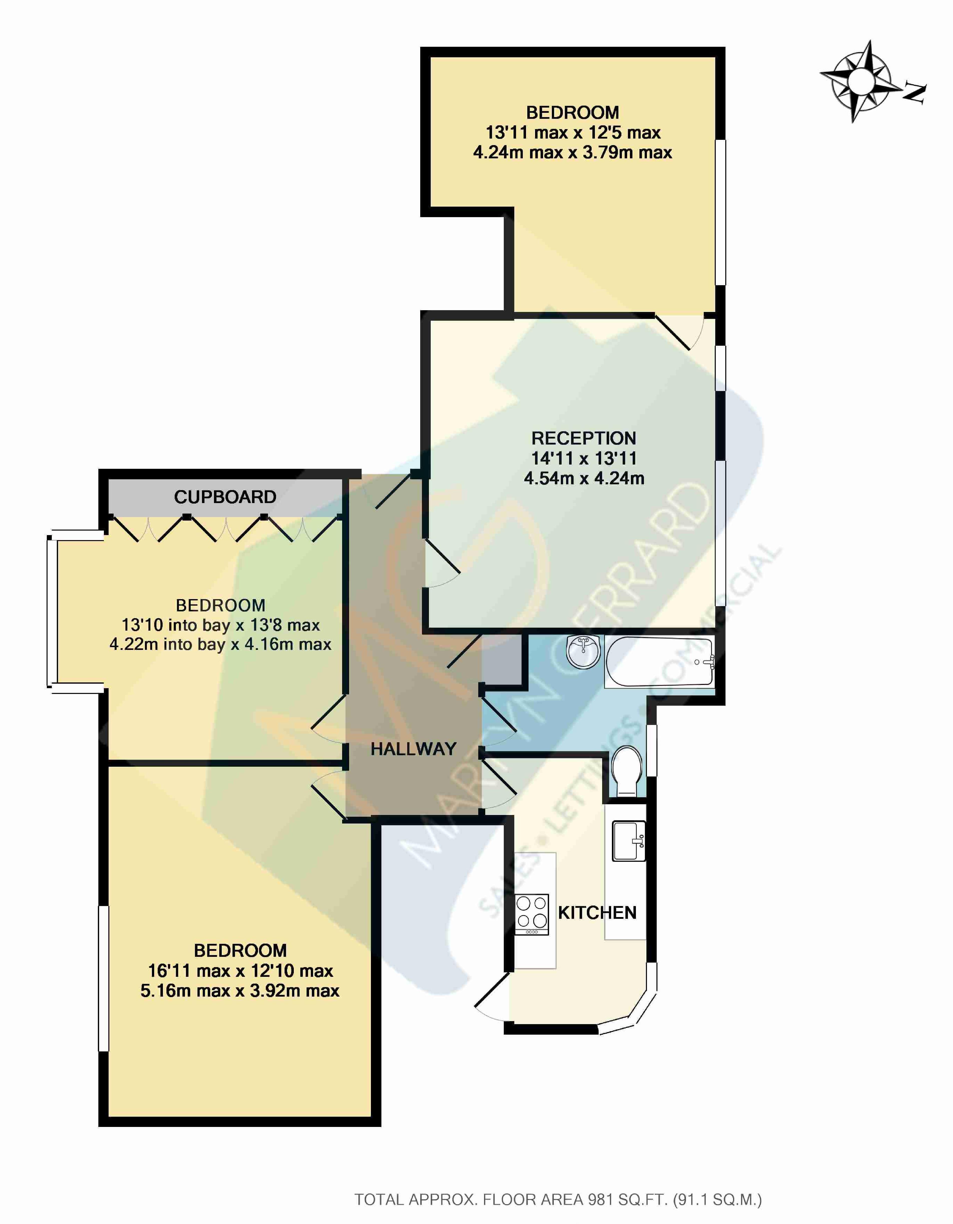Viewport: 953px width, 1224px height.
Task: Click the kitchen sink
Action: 629,841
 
